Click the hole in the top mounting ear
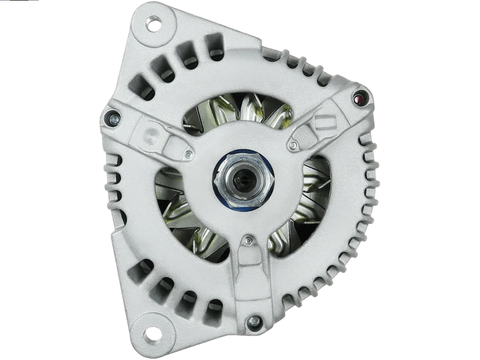(x=156, y=26)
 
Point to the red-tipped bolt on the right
(x=360, y=99)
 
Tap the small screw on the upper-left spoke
(x=188, y=154)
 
